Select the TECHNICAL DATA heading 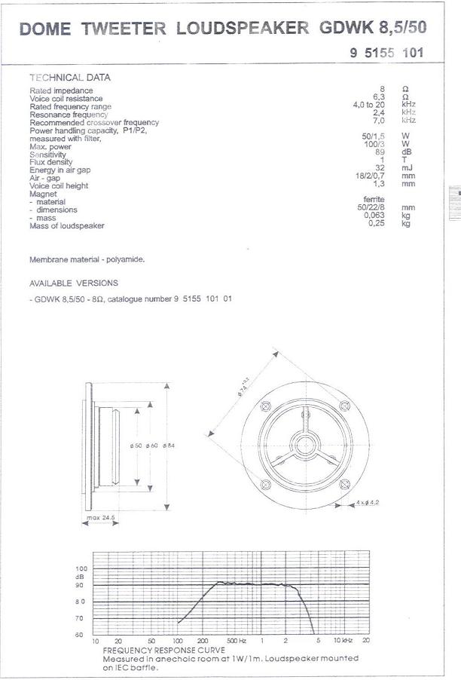click(69, 78)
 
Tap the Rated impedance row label click(61, 90)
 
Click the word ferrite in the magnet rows click(374, 199)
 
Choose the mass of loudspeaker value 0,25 click(377, 224)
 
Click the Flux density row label click(51, 162)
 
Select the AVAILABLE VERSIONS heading click(73, 283)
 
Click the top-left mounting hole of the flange click(265, 406)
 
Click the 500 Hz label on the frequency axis click(237, 640)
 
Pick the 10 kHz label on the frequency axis click(342, 640)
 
